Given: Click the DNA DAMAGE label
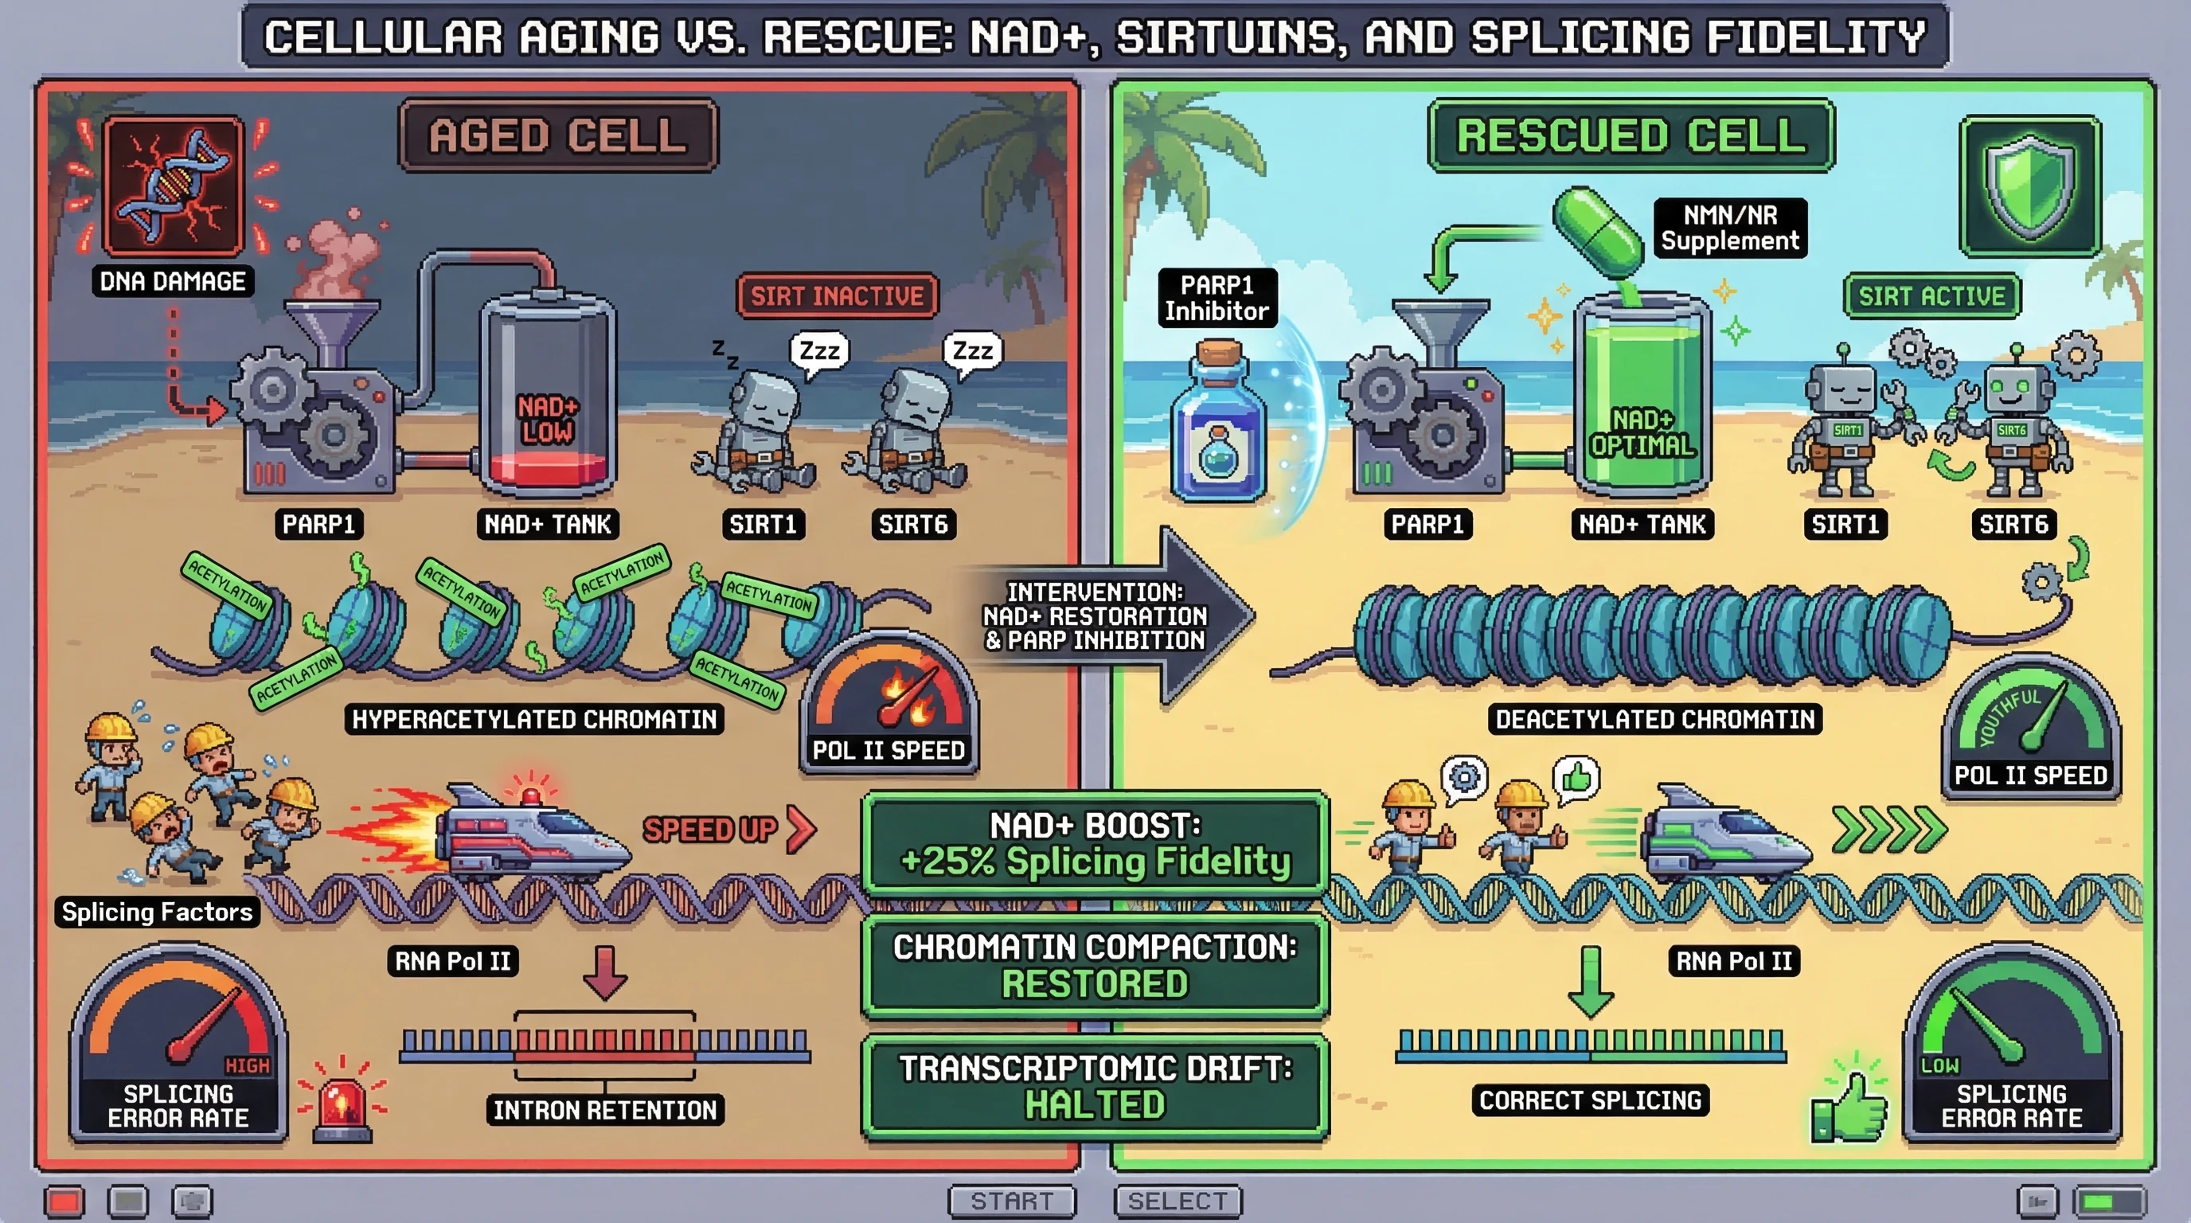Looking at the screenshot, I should pyautogui.click(x=173, y=282).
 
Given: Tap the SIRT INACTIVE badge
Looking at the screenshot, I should pyautogui.click(x=837, y=296).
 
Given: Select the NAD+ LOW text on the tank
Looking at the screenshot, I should pyautogui.click(x=548, y=420).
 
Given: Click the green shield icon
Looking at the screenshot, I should pyautogui.click(x=2029, y=186).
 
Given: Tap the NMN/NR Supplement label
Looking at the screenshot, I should pyautogui.click(x=1730, y=228).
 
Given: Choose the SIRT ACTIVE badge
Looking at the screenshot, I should pyautogui.click(x=1931, y=296).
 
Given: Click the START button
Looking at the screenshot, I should pyautogui.click(x=1012, y=1201).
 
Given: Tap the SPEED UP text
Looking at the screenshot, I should pyautogui.click(x=710, y=829).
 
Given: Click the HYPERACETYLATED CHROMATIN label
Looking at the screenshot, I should pyautogui.click(x=534, y=720).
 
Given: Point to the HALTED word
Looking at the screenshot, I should pyautogui.click(x=1095, y=1105).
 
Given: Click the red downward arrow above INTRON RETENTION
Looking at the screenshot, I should pyautogui.click(x=606, y=972).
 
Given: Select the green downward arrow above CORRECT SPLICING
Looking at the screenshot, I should pyautogui.click(x=1590, y=981).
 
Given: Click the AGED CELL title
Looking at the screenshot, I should pyautogui.click(x=558, y=136).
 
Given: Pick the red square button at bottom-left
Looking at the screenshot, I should pyautogui.click(x=64, y=1201).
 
